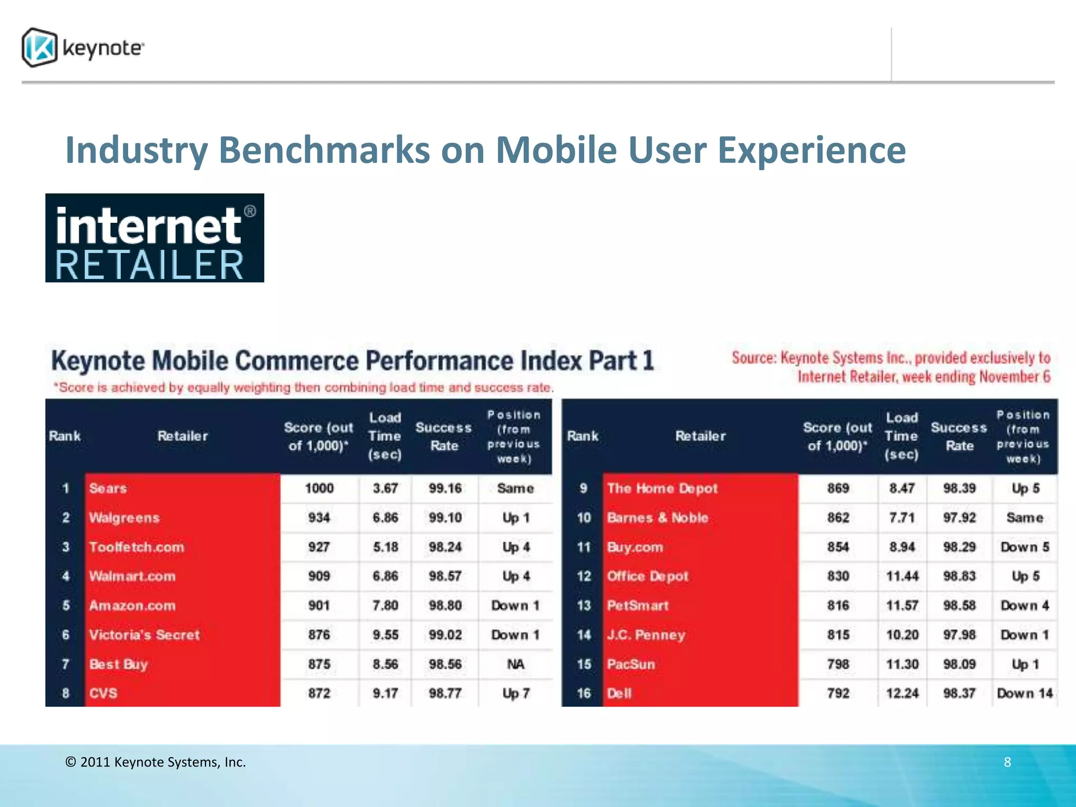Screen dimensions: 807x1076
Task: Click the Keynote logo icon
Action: click(x=39, y=48)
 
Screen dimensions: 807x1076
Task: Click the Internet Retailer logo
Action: click(x=154, y=238)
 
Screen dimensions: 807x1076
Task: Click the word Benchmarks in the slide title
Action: click(x=325, y=150)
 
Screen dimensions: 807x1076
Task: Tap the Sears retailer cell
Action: click(x=108, y=488)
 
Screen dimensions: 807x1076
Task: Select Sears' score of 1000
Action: click(x=319, y=488)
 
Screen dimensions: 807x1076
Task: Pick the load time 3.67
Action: click(x=385, y=488)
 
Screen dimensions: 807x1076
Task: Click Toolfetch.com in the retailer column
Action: click(x=137, y=547)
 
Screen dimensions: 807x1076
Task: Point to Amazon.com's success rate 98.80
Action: click(x=445, y=605)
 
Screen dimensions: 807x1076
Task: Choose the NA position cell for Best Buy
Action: click(x=515, y=664)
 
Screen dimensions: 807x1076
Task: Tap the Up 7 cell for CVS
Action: click(x=515, y=694)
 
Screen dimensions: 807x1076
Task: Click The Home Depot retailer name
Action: click(x=662, y=488)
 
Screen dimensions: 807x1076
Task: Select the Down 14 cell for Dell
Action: click(x=1025, y=694)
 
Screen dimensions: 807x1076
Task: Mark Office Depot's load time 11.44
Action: click(x=902, y=576)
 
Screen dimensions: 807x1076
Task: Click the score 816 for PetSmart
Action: click(x=838, y=605)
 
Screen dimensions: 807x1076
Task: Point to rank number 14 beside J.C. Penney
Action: click(x=584, y=635)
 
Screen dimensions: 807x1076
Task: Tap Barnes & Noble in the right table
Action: click(x=657, y=518)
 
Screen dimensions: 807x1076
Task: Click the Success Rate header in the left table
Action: click(x=444, y=437)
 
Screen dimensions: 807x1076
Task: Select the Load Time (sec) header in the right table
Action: click(x=902, y=436)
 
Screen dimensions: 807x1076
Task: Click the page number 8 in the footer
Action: click(x=1007, y=762)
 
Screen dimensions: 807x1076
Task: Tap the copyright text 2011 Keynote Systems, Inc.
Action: click(x=156, y=762)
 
